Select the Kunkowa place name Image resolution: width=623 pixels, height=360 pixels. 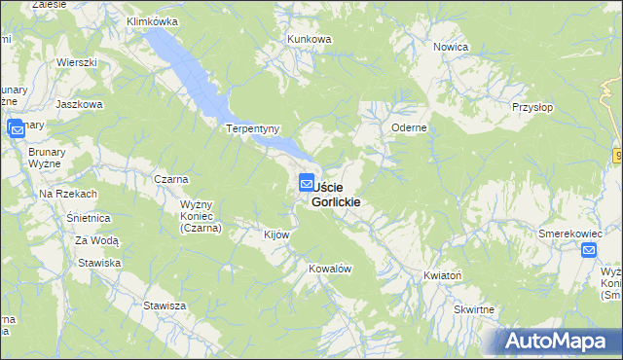click(x=310, y=39)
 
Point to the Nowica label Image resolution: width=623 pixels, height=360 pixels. click(x=452, y=47)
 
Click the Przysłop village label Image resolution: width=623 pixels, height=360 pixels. click(x=533, y=108)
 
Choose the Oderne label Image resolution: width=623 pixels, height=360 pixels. click(x=410, y=127)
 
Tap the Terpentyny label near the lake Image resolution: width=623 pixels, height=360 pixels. click(x=253, y=128)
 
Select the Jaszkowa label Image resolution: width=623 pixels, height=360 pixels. click(x=80, y=104)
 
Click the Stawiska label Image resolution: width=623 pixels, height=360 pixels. click(x=100, y=263)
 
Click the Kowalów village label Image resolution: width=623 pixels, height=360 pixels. click(x=329, y=269)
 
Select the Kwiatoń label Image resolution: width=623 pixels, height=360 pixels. click(x=443, y=275)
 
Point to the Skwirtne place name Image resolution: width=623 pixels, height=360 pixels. click(x=474, y=309)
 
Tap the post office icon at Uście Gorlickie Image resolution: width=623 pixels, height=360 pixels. click(x=307, y=182)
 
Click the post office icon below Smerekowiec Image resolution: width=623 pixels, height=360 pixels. click(x=590, y=251)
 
